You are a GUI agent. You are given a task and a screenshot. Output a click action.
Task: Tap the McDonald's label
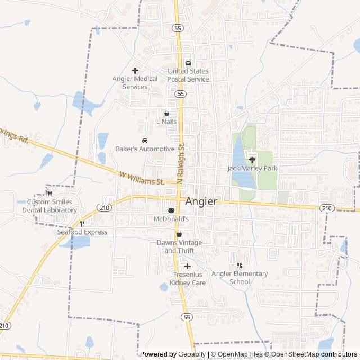(x=171, y=218)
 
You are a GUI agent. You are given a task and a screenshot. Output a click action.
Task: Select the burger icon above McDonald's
(x=171, y=210)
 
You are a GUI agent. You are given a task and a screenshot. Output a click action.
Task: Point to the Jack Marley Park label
(x=253, y=168)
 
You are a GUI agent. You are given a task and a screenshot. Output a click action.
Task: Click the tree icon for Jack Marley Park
(x=251, y=160)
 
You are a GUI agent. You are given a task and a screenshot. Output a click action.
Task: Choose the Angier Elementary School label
(x=240, y=277)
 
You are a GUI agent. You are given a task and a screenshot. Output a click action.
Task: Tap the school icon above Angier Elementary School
(x=240, y=265)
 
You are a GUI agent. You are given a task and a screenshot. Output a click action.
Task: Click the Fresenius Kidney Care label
(x=187, y=278)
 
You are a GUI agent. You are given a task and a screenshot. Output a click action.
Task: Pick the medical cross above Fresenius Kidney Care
(x=187, y=266)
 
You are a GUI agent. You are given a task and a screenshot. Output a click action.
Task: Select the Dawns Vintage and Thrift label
(x=179, y=246)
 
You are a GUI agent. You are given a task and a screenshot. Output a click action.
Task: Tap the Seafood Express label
(x=82, y=232)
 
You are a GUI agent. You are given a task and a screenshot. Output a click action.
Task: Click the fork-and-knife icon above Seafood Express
(x=82, y=223)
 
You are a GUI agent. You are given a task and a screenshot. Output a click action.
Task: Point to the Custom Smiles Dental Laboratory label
(x=49, y=206)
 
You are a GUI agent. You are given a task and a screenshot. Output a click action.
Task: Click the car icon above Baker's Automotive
(x=145, y=141)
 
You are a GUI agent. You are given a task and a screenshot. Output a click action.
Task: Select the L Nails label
(x=166, y=121)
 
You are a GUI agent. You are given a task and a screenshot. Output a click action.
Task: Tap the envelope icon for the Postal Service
(x=188, y=62)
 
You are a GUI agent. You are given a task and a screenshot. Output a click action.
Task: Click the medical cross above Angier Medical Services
(x=135, y=70)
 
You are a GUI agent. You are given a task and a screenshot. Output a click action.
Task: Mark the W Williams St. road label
(x=141, y=178)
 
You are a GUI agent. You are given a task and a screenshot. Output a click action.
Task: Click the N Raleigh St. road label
(x=181, y=163)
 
